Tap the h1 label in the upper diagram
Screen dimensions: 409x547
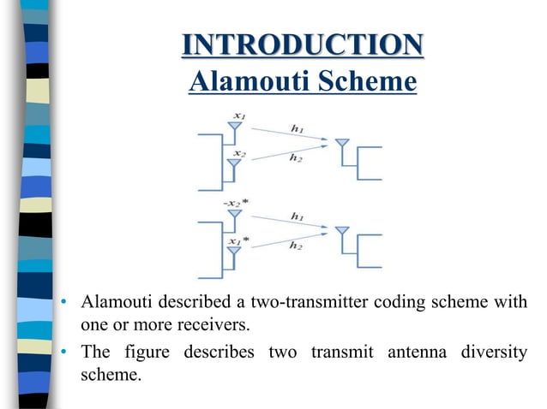(298, 128)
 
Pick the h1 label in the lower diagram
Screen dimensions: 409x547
(298, 217)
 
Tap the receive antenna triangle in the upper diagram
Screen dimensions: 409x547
(343, 145)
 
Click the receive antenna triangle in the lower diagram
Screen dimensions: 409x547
(343, 232)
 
